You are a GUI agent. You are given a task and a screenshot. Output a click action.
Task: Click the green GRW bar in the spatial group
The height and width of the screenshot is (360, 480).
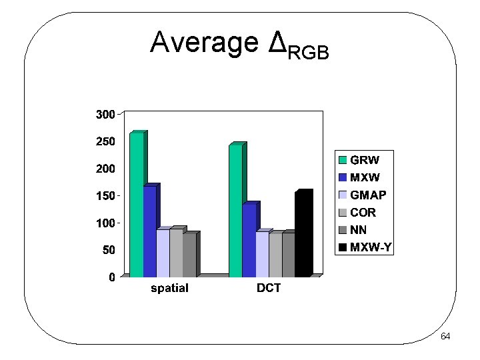point(136,205)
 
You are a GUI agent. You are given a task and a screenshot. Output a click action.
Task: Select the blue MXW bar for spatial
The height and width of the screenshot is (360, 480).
point(149,231)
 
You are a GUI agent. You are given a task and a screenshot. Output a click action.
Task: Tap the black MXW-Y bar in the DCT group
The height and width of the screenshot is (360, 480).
point(302,235)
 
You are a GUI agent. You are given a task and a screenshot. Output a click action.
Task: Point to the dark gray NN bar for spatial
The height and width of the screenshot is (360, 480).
point(189,255)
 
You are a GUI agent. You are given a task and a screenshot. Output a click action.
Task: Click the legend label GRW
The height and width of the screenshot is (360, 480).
point(365,160)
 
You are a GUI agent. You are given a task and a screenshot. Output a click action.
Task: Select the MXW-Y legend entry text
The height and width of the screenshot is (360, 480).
point(372,248)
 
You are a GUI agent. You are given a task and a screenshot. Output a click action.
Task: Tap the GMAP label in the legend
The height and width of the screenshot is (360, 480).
point(369,195)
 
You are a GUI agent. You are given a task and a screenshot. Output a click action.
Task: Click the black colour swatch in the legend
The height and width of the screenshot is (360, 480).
point(343,248)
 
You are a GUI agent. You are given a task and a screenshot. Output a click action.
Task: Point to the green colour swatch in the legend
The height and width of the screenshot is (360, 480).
point(343,160)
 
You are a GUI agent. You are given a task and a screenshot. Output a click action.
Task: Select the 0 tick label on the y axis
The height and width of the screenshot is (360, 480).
point(111,277)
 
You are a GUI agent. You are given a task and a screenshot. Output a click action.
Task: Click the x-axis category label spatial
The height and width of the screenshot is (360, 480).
point(169,289)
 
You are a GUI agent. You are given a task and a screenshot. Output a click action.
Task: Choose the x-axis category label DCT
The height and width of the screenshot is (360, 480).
point(269,289)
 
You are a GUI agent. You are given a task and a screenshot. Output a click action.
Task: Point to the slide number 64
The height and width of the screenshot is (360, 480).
point(445,336)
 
